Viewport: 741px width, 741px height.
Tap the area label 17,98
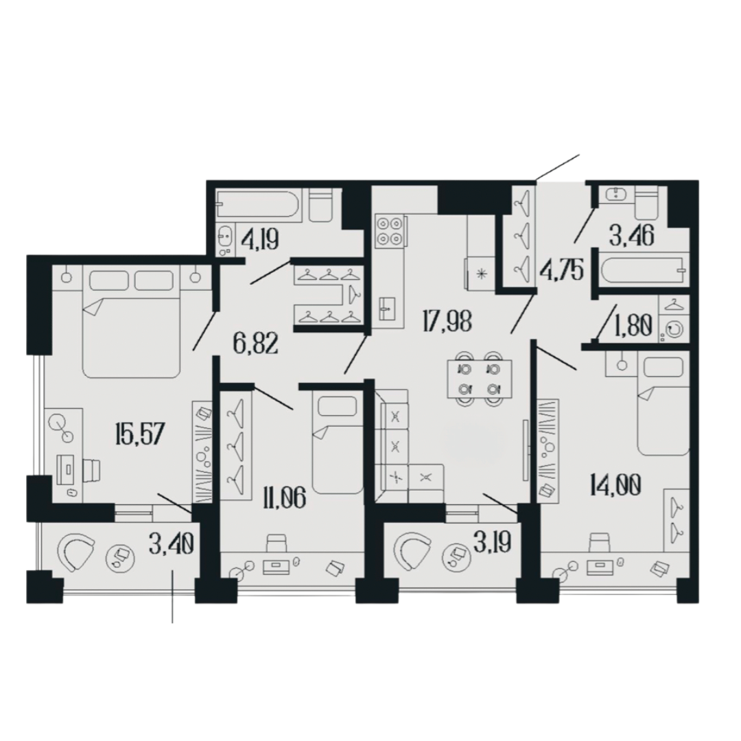click(447, 322)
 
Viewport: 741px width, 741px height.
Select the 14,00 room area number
click(615, 484)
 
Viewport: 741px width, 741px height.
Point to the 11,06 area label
click(286, 497)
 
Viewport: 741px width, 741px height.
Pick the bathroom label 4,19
click(259, 239)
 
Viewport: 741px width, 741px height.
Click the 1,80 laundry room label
click(634, 325)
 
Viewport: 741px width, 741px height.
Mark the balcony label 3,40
click(171, 545)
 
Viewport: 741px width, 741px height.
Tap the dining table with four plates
click(480, 379)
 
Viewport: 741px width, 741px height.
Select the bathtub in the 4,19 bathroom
click(258, 204)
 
